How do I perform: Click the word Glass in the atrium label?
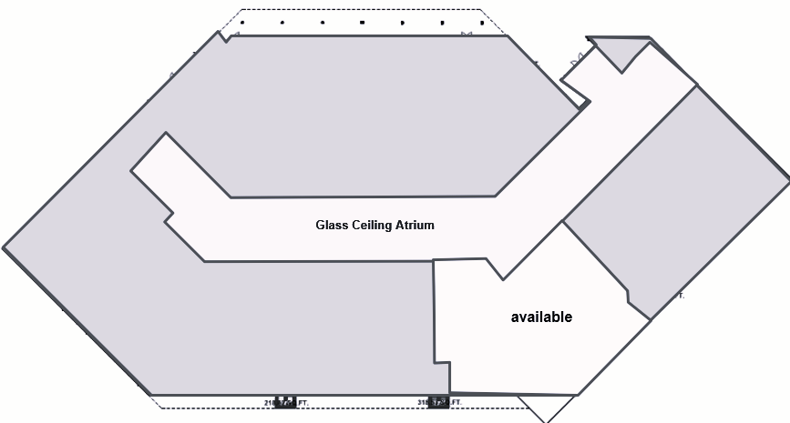point(332,225)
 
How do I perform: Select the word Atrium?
point(415,225)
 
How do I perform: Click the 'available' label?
point(541,317)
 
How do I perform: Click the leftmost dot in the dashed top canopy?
point(242,22)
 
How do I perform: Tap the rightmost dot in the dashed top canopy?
point(481,22)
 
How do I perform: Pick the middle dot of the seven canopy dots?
point(362,22)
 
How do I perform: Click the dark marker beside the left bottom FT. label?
point(285,401)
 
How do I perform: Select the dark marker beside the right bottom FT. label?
point(438,401)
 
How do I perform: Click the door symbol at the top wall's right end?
point(467,35)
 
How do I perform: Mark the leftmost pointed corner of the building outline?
point(4,247)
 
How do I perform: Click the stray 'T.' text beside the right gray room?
point(681,296)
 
